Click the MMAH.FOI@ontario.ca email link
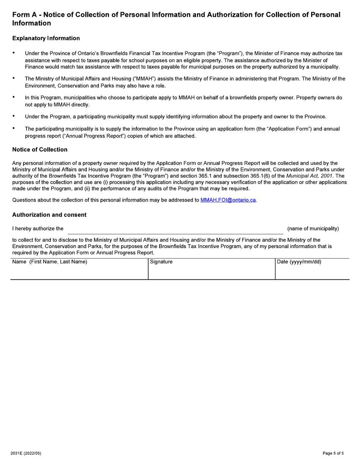(x=228, y=200)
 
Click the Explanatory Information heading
(x=46, y=38)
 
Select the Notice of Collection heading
(x=40, y=150)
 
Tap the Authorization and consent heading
(x=49, y=215)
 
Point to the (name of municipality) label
(x=313, y=228)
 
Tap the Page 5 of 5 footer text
(x=333, y=453)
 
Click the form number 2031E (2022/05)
(x=26, y=453)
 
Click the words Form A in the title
(x=25, y=15)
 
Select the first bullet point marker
(x=14, y=53)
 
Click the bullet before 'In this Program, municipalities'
(x=14, y=97)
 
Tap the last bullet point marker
(x=14, y=128)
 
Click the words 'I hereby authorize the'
(x=38, y=228)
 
